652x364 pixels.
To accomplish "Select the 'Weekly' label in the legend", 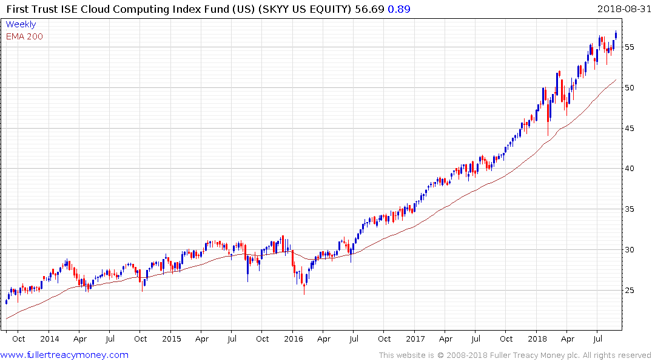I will (21, 25).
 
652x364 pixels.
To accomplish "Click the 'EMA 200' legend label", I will (24, 36).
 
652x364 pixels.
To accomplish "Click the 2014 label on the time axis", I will (50, 339).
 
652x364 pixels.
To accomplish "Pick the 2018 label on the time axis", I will (537, 339).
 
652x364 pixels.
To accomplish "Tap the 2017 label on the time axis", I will (415, 339).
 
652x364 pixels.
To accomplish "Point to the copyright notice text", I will (515, 356).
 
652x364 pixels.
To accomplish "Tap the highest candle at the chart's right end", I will (616, 35).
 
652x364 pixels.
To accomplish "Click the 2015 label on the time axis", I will (171, 339).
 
